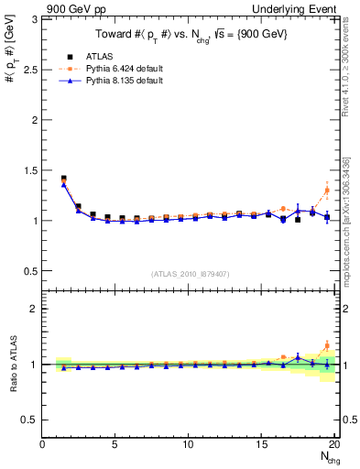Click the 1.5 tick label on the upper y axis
pos(31,170)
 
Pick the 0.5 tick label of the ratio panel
pos(31,420)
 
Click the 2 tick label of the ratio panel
pos(36,309)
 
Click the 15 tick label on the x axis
pos(262,445)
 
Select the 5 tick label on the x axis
pos(115,445)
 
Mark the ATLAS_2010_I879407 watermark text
pos(191,274)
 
